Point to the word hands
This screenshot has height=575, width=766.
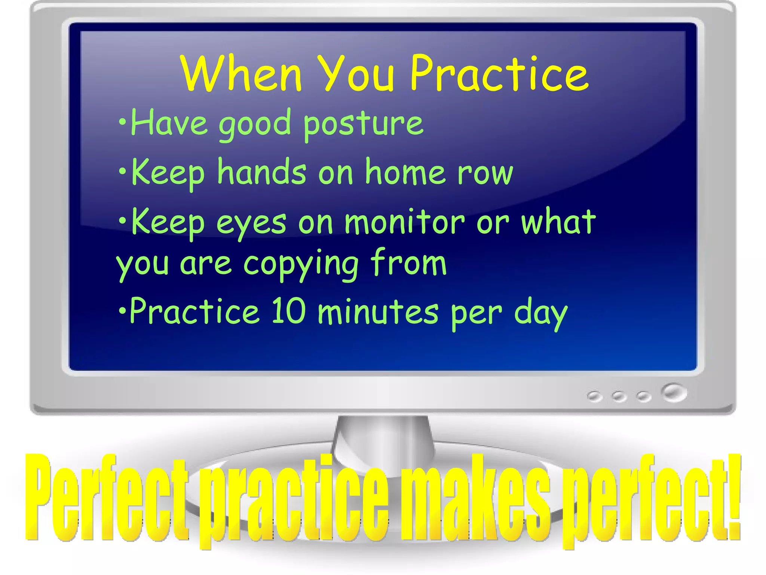[x=262, y=173]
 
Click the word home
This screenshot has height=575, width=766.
[x=405, y=173]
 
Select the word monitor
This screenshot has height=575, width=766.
[x=404, y=222]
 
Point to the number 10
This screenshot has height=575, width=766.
[x=288, y=311]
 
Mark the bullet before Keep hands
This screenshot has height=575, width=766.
[x=122, y=170]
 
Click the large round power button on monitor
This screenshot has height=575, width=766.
[x=674, y=393]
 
